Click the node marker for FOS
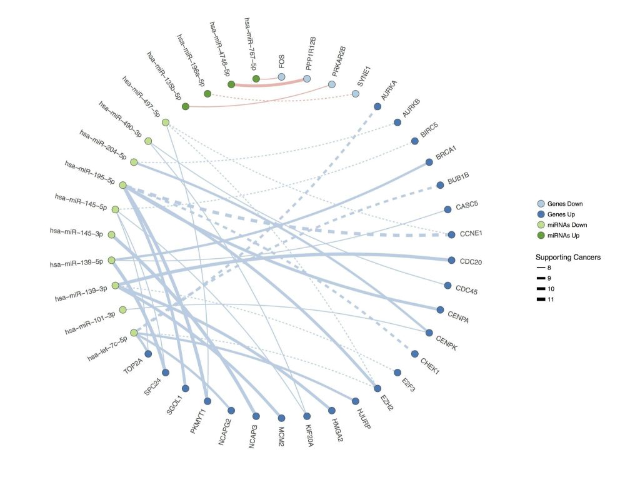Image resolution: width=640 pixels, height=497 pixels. [281, 77]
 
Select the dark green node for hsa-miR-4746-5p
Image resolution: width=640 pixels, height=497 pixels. [231, 84]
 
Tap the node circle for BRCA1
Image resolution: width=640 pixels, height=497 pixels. [429, 163]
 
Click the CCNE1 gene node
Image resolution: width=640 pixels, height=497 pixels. [452, 234]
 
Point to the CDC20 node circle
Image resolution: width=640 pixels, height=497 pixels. [452, 260]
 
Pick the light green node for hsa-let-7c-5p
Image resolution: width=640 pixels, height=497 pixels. [134, 333]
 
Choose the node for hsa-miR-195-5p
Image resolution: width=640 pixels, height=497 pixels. [123, 185]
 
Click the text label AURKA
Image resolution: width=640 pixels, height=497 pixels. [389, 91]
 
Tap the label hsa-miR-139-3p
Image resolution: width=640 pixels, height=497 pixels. [82, 289]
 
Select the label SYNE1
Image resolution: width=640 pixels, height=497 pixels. [364, 76]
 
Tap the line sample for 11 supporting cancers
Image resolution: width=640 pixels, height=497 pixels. [541, 299]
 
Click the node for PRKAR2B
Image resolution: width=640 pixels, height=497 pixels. [332, 84]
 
